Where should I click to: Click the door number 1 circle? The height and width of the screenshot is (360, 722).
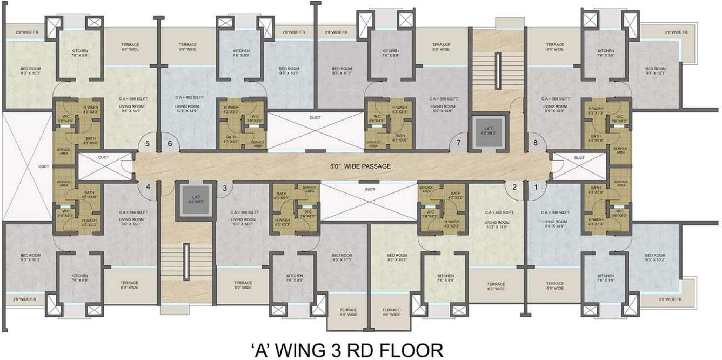point(536,188)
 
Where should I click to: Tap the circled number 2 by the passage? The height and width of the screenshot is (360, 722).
point(514,188)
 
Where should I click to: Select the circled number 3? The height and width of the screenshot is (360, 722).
point(225,188)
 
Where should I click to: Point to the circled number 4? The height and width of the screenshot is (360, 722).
point(148,188)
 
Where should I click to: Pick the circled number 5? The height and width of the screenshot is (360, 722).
point(148,144)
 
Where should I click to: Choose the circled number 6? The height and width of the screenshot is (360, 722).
point(170,144)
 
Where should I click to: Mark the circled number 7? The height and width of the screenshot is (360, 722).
point(458,143)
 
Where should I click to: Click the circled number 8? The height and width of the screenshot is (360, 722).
point(536,143)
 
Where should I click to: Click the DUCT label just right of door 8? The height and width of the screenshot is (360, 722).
point(579,158)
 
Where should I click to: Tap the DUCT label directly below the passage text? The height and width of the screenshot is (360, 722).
point(370,189)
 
